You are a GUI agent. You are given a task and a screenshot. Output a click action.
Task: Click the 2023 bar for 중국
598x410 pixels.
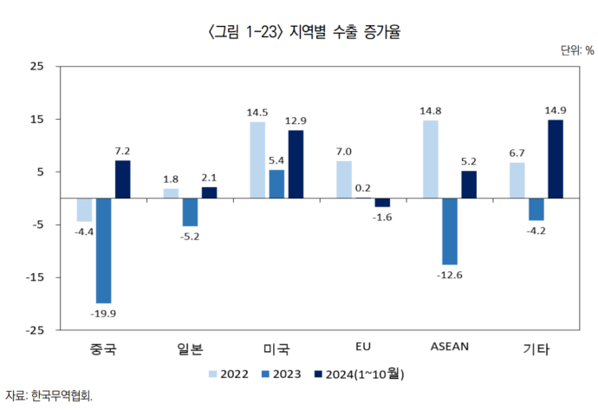(x=103, y=251)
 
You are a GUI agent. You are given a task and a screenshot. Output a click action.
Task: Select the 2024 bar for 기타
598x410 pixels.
(x=556, y=159)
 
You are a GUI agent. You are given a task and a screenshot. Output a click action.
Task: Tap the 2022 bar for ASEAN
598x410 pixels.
(x=431, y=159)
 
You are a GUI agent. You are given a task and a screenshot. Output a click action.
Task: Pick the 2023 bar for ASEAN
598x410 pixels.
(x=450, y=231)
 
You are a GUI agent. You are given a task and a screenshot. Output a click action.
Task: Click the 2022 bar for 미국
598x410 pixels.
(x=257, y=159)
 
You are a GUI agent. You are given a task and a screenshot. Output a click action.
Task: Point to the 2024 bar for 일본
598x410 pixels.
(x=209, y=192)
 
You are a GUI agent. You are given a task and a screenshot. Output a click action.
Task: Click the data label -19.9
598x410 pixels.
(x=103, y=313)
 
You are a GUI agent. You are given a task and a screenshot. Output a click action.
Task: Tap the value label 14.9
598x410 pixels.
(x=556, y=110)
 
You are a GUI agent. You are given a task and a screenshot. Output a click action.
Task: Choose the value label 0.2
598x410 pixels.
(x=363, y=187)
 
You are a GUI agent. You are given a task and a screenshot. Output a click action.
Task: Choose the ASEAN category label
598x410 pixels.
(x=449, y=347)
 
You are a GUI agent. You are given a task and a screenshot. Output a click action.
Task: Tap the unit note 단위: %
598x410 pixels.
(x=576, y=50)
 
